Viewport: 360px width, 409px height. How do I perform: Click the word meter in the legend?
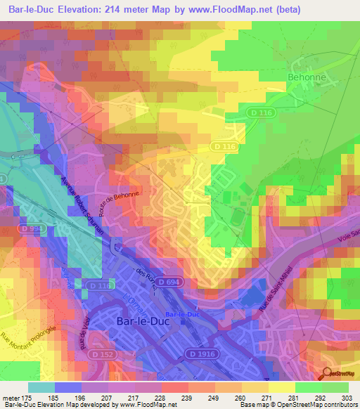11,397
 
